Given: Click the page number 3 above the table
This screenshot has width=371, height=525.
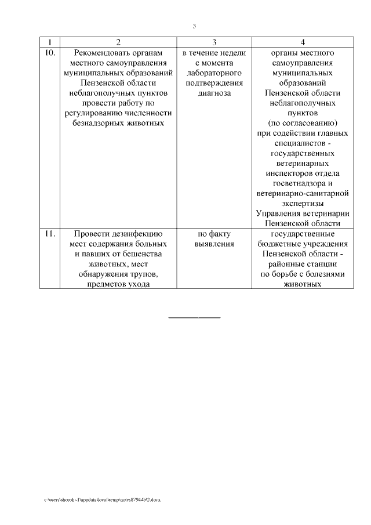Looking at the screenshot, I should click(195, 26).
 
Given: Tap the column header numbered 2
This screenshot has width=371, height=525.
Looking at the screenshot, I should click(118, 42).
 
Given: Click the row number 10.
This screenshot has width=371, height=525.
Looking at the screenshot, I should click(49, 53).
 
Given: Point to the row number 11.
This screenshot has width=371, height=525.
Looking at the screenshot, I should click(49, 234).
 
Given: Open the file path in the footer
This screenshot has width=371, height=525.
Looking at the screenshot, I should click(102, 499).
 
